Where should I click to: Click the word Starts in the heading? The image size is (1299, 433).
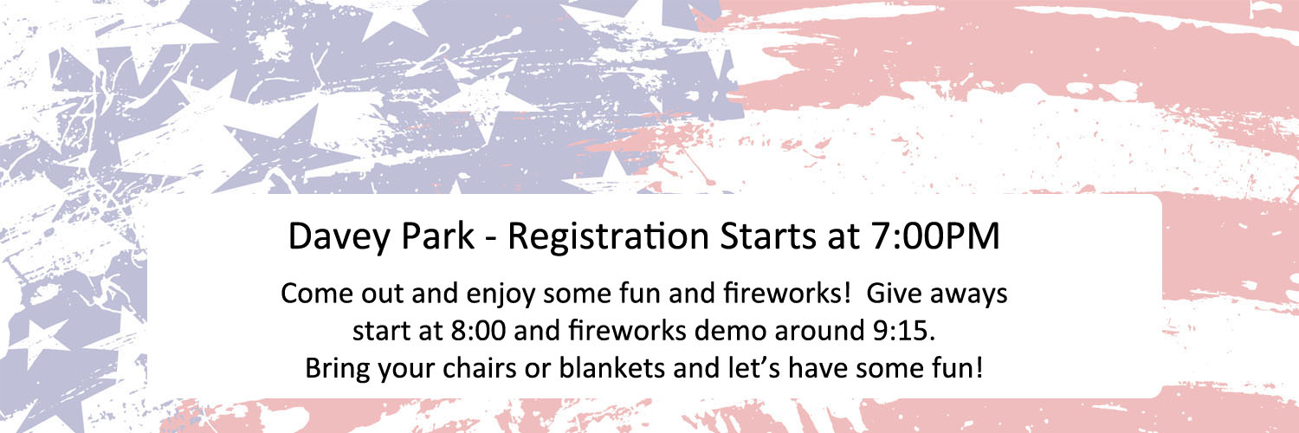pos(767,236)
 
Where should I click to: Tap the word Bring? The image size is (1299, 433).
pos(338,370)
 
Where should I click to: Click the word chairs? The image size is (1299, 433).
pos(479,368)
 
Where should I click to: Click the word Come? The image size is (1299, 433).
pos(317,294)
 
